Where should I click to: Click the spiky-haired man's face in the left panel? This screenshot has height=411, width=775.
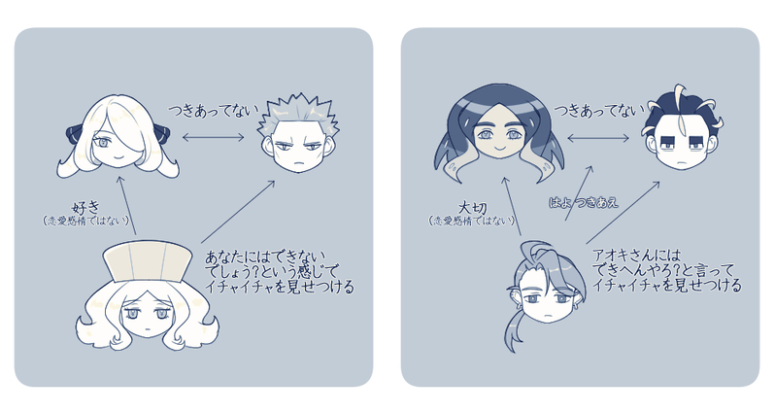296,151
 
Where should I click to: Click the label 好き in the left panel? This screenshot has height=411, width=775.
83,206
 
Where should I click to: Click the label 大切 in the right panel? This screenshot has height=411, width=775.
469,206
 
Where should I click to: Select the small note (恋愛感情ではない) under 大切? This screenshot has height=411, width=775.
470,221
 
